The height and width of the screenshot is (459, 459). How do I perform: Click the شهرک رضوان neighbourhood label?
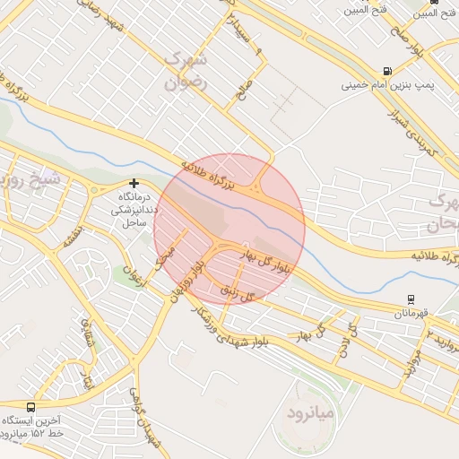click(x=186, y=73)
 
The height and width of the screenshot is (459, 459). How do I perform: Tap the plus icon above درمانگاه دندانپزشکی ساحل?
click(x=134, y=183)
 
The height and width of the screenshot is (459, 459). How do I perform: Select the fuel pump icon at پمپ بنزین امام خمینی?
click(x=386, y=71)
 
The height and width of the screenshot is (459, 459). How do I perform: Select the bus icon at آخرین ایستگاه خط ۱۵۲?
click(x=31, y=406)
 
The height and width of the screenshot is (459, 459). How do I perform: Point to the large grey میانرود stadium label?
click(x=309, y=414)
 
